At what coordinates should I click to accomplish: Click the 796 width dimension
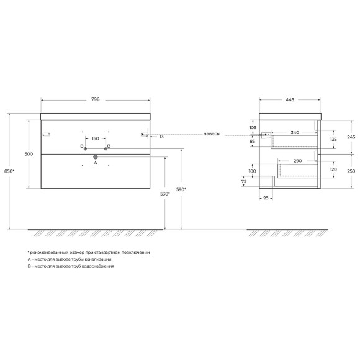[x=95, y=99]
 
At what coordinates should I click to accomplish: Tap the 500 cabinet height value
[x=28, y=153]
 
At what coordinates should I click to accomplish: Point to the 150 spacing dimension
[x=95, y=139]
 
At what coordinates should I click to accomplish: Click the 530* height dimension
[x=164, y=194]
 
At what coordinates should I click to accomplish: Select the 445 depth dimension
[x=290, y=99]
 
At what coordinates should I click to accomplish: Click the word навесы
[x=212, y=134]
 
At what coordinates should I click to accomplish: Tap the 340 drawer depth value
[x=295, y=132]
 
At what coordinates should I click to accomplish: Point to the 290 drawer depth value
[x=298, y=161]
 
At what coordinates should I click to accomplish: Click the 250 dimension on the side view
[x=334, y=171]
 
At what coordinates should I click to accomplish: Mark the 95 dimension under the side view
[x=265, y=199]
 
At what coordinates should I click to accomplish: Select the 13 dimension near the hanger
[x=161, y=136]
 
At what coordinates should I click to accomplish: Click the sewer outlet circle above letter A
[x=95, y=157]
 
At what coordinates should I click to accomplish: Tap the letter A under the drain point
[x=95, y=164]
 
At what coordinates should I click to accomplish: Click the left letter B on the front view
[x=81, y=146]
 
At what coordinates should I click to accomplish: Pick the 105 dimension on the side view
[x=253, y=127]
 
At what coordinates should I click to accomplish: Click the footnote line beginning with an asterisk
[x=89, y=253]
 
